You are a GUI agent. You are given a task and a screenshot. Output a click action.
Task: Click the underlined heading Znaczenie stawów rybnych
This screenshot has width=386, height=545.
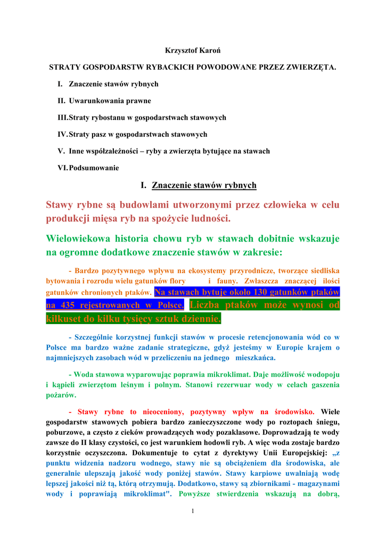click(204, 185)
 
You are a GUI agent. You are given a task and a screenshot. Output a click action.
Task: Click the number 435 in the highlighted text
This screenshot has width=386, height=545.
click(67, 305)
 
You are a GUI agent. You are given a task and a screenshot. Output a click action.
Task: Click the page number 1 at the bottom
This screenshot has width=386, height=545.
click(193, 511)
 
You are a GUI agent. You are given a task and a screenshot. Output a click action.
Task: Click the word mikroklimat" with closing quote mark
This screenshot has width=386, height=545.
click(144, 493)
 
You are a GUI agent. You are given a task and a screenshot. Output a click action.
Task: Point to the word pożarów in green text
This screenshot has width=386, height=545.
click(61, 395)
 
